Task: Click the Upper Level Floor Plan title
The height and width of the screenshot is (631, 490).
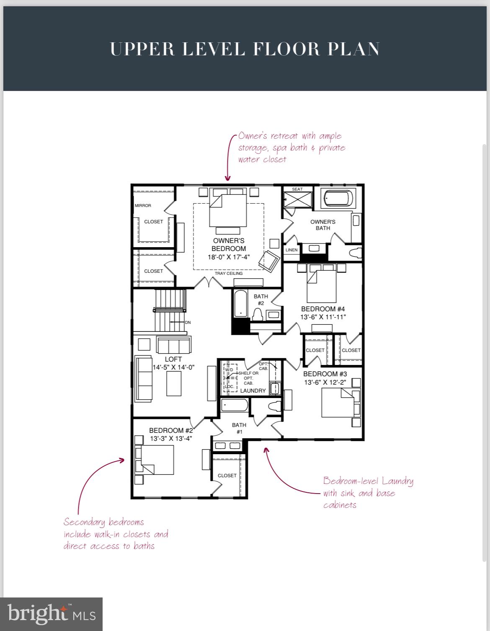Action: coord(245,49)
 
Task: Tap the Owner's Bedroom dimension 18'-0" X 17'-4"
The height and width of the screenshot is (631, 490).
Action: coord(229,257)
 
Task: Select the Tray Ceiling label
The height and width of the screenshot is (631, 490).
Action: coord(229,274)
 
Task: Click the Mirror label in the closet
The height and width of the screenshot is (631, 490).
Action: coord(143,206)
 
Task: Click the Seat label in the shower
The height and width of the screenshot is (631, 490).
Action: coord(297,189)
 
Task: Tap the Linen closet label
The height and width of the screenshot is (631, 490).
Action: coord(291,250)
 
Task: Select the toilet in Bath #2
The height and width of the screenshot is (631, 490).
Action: coord(257,314)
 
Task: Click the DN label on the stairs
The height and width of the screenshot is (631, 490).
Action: coord(188,323)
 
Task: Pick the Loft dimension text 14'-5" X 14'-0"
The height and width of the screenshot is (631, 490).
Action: coord(173,367)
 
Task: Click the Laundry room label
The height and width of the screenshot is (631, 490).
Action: coord(253,390)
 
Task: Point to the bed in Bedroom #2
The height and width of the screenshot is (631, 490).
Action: coord(157,460)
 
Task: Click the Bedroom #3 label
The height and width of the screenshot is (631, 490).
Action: coord(325,374)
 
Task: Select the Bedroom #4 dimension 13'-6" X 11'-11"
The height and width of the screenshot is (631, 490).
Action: coord(323,317)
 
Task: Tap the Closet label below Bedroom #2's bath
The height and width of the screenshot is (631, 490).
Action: coord(227,476)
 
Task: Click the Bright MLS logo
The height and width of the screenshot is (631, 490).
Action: coord(51,614)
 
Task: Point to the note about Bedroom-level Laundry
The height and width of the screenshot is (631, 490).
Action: coord(368,493)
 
